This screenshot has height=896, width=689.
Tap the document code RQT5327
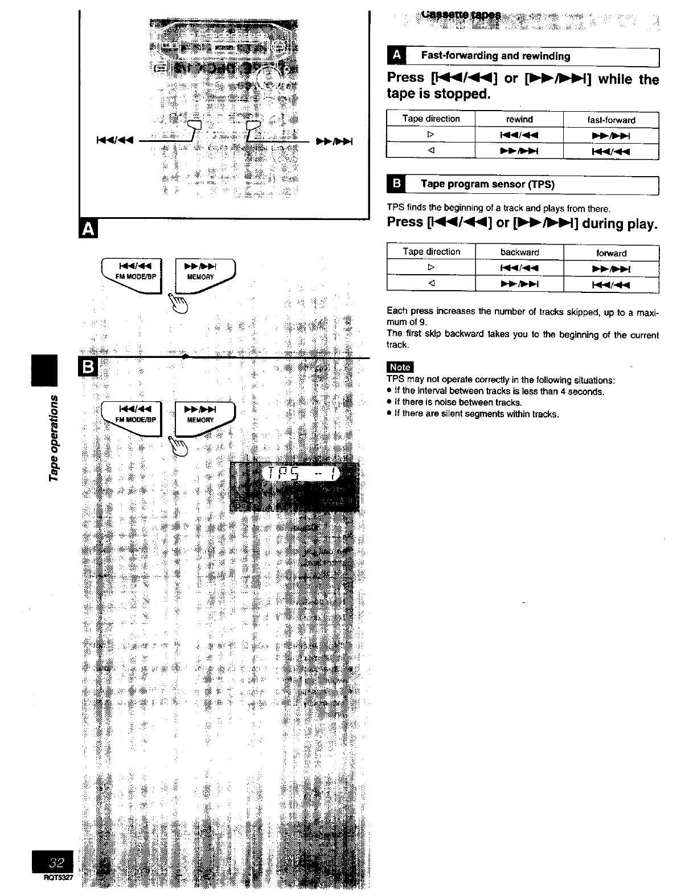(x=59, y=877)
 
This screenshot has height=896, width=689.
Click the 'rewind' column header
(x=519, y=119)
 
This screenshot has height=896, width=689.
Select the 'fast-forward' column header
(x=611, y=120)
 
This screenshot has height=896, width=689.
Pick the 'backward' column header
(x=519, y=252)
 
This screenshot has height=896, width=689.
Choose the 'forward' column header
(x=611, y=253)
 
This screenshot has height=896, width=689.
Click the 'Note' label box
(x=400, y=368)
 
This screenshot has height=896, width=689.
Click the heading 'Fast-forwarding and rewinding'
(x=495, y=56)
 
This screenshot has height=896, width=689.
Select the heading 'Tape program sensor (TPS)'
(x=487, y=184)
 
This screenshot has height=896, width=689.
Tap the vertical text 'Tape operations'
(x=54, y=436)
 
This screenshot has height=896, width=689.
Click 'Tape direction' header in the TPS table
(x=431, y=251)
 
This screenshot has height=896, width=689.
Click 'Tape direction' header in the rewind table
(x=431, y=119)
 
